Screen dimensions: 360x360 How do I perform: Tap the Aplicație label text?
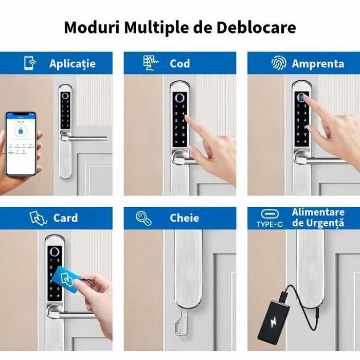pos(73,64)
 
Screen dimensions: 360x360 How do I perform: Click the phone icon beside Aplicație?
pos(30,63)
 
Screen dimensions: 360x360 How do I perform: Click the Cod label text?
pos(180,64)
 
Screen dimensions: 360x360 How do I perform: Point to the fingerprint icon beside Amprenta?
pos(278,63)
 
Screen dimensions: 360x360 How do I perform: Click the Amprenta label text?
pos(318,64)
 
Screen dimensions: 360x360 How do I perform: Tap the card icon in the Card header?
pos(38,218)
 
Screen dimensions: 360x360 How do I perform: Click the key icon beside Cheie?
pos(143,218)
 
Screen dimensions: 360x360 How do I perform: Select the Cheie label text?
pos(184,218)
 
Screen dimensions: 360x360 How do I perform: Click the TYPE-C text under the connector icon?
pos(270,224)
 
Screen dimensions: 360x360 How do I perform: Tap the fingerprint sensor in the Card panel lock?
pos(54,253)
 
